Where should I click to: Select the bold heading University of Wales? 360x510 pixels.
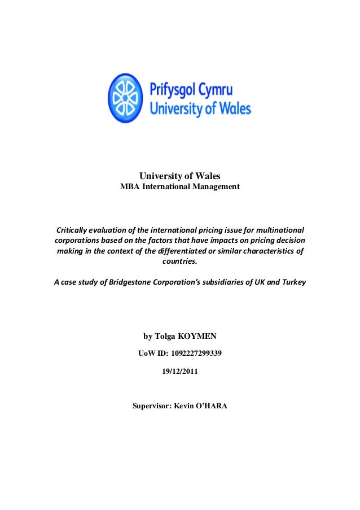179,177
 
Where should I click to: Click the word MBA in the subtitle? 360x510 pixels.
130,187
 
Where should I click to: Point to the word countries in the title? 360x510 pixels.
180,262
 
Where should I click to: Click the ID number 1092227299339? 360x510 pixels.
192,354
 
